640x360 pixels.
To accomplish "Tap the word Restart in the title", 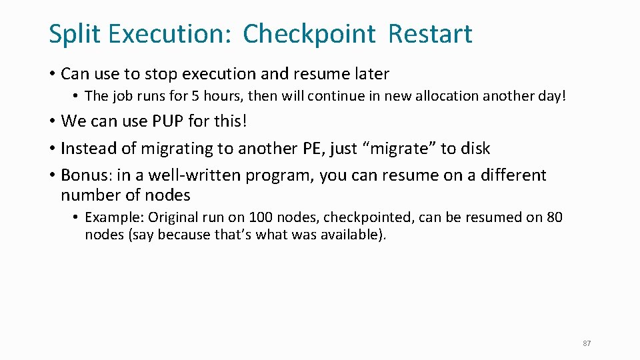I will tap(430, 33).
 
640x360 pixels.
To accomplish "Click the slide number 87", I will tap(587, 343).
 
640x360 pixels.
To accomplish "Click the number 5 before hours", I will tap(195, 96).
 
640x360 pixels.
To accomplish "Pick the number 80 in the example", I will tap(554, 217).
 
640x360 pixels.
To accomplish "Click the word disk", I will tap(474, 148).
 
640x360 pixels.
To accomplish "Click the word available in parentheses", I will tap(347, 235).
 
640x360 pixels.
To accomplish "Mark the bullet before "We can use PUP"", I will tap(52, 121).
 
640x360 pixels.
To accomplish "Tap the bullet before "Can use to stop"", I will tap(52, 73).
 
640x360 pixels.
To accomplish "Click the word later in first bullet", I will tap(371, 73).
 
